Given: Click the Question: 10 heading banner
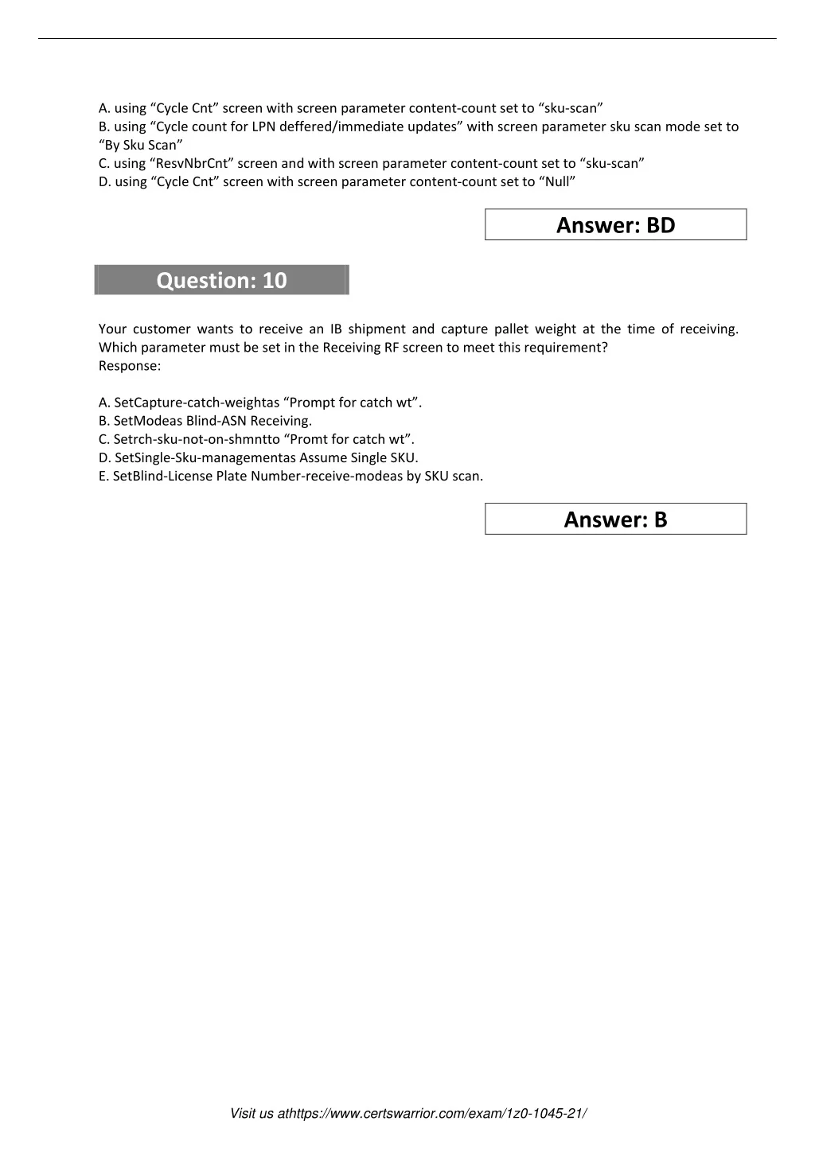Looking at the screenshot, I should pyautogui.click(x=221, y=280).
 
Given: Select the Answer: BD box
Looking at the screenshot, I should pyautogui.click(x=615, y=225).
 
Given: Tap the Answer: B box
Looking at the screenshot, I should pyautogui.click(x=615, y=520).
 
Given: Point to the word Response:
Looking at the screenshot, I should pyautogui.click(x=130, y=366).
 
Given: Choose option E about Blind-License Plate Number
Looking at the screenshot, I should pyautogui.click(x=291, y=476).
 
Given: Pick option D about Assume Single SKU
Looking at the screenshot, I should pyautogui.click(x=258, y=457).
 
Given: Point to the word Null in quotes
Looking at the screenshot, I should pyautogui.click(x=557, y=181).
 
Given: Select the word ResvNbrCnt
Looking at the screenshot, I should pyautogui.click(x=191, y=163).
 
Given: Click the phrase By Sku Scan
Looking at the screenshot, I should pyautogui.click(x=141, y=145).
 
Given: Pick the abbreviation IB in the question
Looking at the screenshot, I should pyautogui.click(x=336, y=329).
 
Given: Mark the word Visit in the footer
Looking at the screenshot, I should pyautogui.click(x=244, y=1113).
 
